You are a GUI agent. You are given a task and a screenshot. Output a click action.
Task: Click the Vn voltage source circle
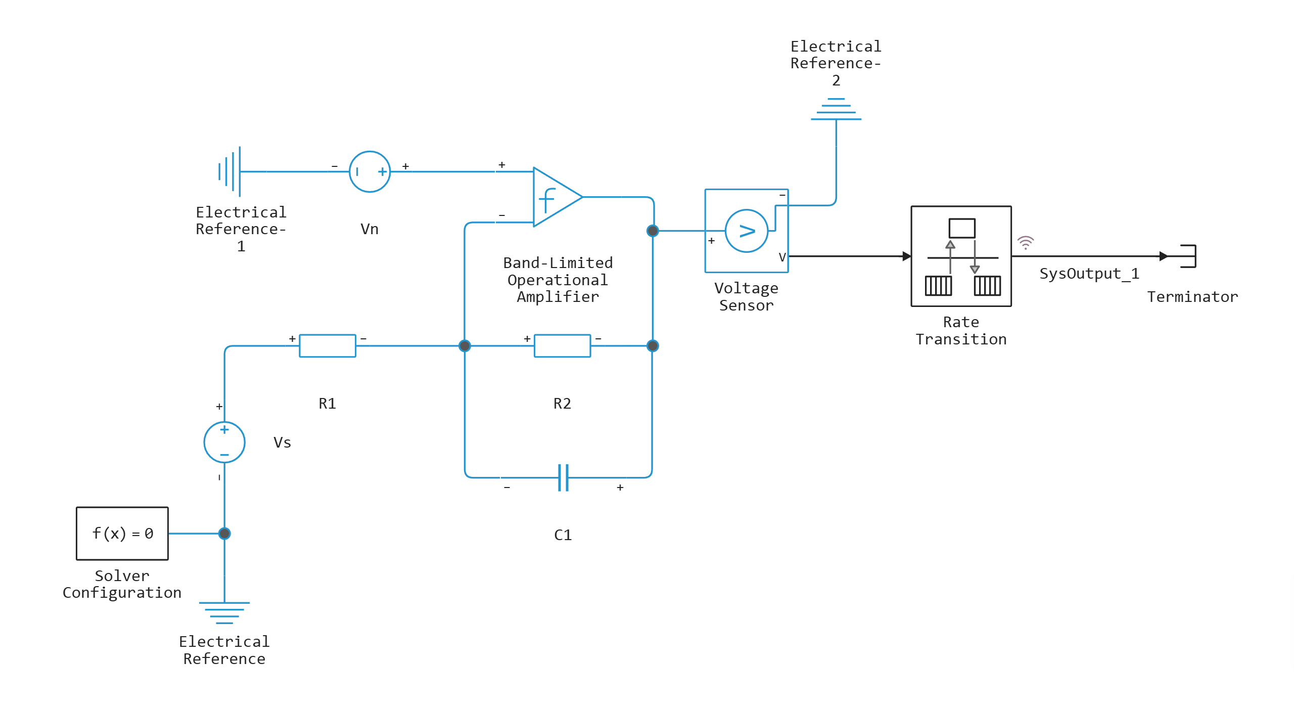pyautogui.click(x=369, y=172)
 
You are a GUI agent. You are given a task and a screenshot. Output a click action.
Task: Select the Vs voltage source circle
pyautogui.click(x=224, y=442)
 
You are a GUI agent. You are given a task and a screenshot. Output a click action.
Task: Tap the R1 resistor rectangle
pyautogui.click(x=328, y=346)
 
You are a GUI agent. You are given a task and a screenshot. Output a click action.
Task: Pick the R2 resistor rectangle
pyautogui.click(x=562, y=346)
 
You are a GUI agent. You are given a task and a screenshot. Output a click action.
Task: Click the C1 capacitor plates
pyautogui.click(x=563, y=477)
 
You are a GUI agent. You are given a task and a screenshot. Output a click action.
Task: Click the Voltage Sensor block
pyautogui.click(x=746, y=231)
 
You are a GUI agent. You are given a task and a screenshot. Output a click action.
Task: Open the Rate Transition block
pyautogui.click(x=961, y=256)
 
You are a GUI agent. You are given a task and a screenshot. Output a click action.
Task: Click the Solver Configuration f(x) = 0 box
pyautogui.click(x=122, y=534)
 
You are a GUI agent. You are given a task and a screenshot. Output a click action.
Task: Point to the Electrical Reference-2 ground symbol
pyautogui.click(x=836, y=110)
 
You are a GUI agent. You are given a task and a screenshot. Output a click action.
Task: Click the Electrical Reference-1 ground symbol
pyautogui.click(x=231, y=171)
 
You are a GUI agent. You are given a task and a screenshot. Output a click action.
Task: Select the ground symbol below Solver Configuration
pyautogui.click(x=224, y=612)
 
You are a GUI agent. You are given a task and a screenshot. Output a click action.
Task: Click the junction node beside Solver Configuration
pyautogui.click(x=224, y=534)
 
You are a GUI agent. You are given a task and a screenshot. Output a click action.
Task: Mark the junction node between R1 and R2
pyautogui.click(x=465, y=346)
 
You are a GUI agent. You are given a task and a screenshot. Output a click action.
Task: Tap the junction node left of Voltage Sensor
pyautogui.click(x=653, y=231)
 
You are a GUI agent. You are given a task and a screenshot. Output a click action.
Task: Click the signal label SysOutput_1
pyautogui.click(x=1089, y=274)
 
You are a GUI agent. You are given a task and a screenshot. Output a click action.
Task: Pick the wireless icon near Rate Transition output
pyautogui.click(x=1026, y=243)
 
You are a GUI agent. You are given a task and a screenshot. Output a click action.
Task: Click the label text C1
pyautogui.click(x=563, y=535)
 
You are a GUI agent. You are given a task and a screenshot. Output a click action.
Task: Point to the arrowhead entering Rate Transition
pyautogui.click(x=906, y=256)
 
